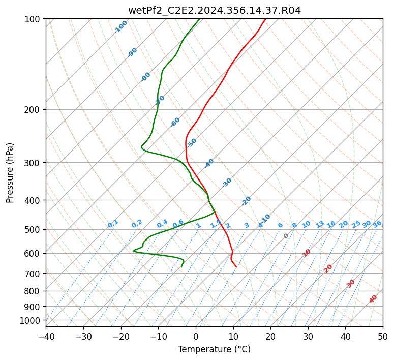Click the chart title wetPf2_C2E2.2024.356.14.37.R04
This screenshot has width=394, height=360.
coord(214,10)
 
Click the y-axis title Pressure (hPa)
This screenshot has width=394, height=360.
coord(10,172)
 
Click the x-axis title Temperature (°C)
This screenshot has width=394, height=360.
coord(214,349)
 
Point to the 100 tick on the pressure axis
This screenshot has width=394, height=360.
coord(33,19)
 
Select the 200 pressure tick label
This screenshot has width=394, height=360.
coord(33,109)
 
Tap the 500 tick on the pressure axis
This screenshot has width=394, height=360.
coord(33,229)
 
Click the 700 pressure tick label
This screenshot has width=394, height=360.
coord(33,274)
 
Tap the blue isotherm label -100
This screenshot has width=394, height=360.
coord(121,27)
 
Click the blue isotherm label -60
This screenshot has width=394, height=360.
coord(175,122)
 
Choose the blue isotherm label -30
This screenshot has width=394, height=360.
coord(227,183)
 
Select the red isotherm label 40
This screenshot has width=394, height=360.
coord(373,299)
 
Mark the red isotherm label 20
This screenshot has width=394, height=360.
coord(328,268)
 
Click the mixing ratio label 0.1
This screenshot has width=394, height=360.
coord(113,224)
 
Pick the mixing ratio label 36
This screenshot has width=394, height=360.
coord(377,224)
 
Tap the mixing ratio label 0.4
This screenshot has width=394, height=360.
coord(162,224)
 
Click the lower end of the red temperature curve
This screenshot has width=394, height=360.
coord(236,267)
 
